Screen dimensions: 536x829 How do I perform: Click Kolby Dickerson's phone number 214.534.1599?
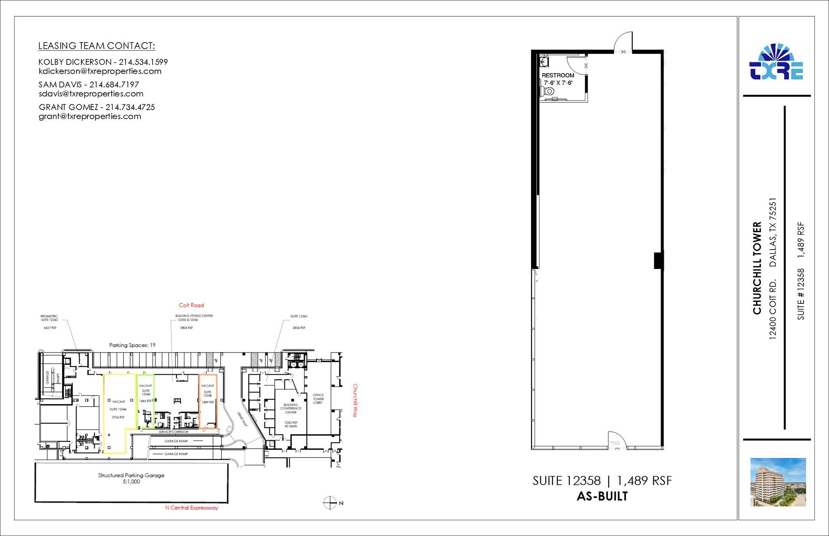(143, 62)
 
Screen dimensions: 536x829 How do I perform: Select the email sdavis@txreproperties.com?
(91, 94)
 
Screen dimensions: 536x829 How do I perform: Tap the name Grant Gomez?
(68, 107)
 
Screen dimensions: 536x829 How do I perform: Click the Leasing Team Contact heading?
(96, 46)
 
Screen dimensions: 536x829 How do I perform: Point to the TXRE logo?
(776, 63)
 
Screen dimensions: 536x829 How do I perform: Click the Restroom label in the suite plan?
(558, 75)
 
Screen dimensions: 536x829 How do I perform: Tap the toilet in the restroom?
(548, 91)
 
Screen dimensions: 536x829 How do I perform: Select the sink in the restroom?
(544, 62)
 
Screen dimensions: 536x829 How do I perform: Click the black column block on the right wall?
(659, 261)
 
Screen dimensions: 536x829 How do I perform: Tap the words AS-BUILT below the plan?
(602, 496)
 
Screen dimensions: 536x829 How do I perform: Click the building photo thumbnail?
(778, 482)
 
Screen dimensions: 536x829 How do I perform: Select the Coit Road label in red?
(191, 305)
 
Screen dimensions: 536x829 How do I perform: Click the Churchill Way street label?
(355, 400)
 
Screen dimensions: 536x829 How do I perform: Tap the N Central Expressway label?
(191, 508)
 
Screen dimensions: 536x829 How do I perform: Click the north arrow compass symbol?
(330, 503)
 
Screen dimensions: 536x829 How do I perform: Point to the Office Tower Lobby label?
(318, 399)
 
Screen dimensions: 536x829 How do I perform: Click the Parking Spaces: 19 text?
(132, 345)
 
